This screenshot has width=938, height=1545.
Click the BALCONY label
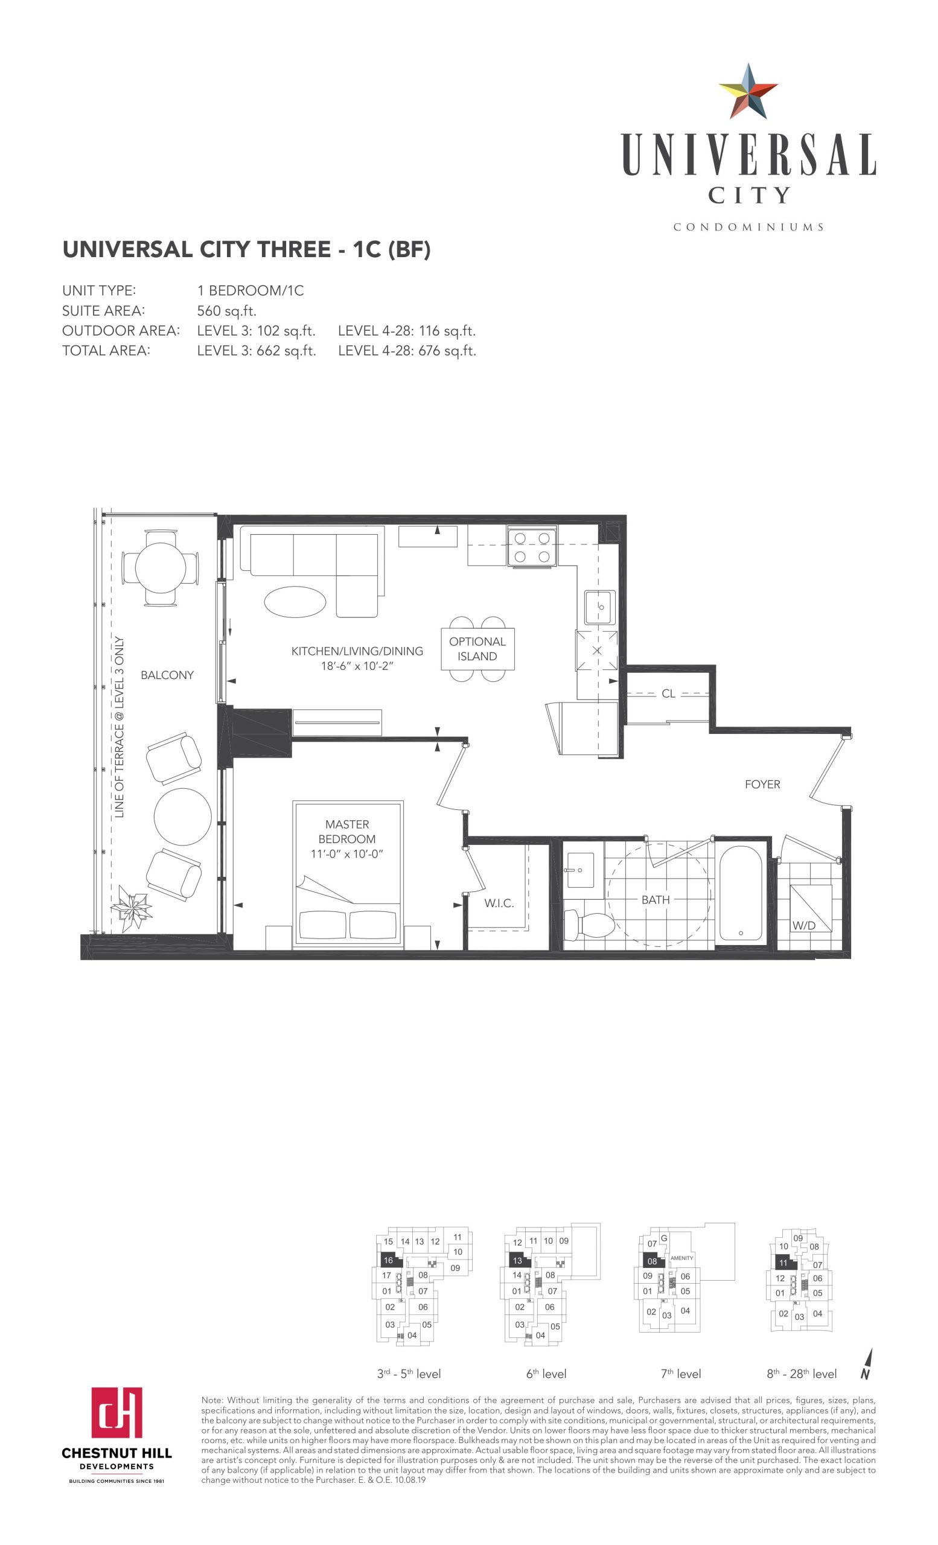coord(167,675)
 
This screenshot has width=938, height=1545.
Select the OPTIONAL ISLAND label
coord(477,649)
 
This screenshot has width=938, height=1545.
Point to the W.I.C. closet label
coord(499,903)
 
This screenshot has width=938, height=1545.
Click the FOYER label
coord(762,785)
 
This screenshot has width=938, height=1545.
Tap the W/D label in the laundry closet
coord(804,926)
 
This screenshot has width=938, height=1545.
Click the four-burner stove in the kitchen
coord(532,547)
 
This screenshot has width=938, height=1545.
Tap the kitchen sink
coord(600,607)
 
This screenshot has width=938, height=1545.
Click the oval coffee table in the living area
coord(295,602)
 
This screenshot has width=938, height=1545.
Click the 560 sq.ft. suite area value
coord(227,310)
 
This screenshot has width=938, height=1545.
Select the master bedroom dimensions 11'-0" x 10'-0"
coord(346,853)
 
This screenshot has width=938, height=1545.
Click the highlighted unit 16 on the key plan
coord(388,1260)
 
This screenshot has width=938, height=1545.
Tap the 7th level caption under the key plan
coord(680,1374)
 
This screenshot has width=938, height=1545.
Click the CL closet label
coord(668,693)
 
